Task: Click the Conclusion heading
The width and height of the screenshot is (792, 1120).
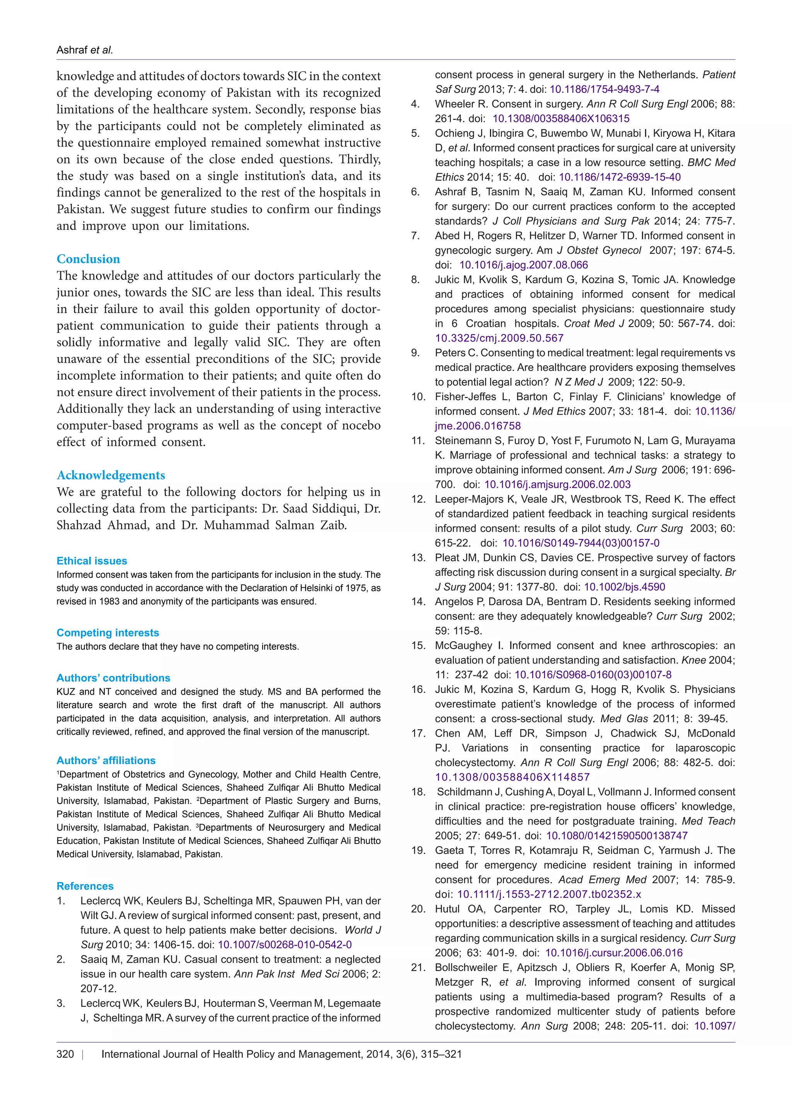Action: click(88, 259)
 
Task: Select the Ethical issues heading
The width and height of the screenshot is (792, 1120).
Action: click(92, 561)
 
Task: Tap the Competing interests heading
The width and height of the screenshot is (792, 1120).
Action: click(108, 633)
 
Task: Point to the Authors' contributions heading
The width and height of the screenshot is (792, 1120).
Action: click(113, 678)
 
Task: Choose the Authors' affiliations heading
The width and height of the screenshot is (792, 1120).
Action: click(106, 760)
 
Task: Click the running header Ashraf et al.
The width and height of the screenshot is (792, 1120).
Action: click(84, 50)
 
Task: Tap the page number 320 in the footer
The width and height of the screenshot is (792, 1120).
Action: click(65, 1054)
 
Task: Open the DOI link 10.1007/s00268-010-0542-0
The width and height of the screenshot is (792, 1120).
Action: click(285, 945)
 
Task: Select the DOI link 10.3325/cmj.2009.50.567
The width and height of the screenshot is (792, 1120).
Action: click(499, 338)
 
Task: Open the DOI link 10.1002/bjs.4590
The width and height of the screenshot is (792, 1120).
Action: click(624, 587)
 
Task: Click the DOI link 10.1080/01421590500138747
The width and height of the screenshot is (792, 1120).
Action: click(616, 836)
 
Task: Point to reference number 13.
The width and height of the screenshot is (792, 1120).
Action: click(418, 558)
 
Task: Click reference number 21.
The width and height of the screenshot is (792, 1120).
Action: click(418, 967)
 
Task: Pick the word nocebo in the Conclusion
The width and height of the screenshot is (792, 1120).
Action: click(361, 425)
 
